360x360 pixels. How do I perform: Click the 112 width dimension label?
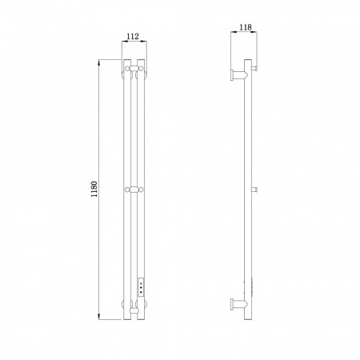point(133,36)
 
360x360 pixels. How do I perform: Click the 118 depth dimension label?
point(246,27)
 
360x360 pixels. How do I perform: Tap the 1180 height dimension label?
point(94,189)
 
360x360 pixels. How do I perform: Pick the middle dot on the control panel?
point(141,288)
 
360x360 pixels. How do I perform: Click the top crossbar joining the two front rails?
point(134,68)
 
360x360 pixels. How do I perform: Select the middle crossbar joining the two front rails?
point(134,190)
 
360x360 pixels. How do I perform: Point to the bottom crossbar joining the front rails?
point(134,310)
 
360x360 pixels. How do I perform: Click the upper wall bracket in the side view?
point(239,75)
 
